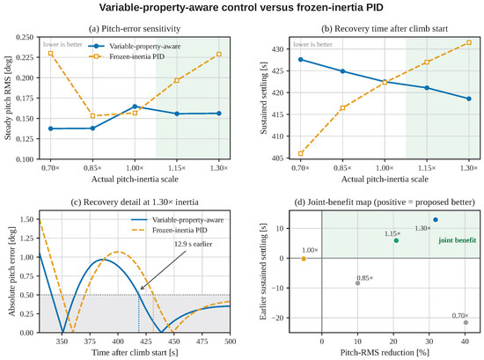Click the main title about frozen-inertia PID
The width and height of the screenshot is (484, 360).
[x=241, y=7]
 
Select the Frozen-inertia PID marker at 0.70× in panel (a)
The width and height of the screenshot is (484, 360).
[x=51, y=54]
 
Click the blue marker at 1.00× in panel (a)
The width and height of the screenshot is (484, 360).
[x=135, y=107]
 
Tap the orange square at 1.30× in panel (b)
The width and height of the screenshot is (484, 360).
[x=469, y=42]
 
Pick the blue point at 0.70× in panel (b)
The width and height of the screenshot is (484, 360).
[x=301, y=60]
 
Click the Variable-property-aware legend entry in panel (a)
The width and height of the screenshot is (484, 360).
[x=135, y=47]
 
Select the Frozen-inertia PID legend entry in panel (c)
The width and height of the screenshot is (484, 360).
[x=170, y=231]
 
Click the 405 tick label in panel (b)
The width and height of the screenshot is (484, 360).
[x=277, y=158]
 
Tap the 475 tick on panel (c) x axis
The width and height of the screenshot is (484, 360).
[x=202, y=342]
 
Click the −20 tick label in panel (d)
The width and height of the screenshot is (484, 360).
[x=278, y=318]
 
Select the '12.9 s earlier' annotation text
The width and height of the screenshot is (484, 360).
[x=194, y=244]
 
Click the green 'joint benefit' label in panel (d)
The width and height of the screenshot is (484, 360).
[x=457, y=240]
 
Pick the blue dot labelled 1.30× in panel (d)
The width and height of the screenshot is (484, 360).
[x=436, y=220]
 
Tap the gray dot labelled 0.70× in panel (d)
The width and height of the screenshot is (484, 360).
[x=466, y=322]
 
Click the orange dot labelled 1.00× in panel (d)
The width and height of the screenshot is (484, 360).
[x=304, y=259]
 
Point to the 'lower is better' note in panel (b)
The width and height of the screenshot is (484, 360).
[x=312, y=45]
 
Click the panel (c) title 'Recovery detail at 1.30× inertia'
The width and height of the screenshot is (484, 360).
[x=135, y=202]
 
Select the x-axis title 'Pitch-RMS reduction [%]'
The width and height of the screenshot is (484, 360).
[x=385, y=352]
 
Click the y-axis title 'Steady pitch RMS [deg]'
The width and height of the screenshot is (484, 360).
[x=8, y=99]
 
